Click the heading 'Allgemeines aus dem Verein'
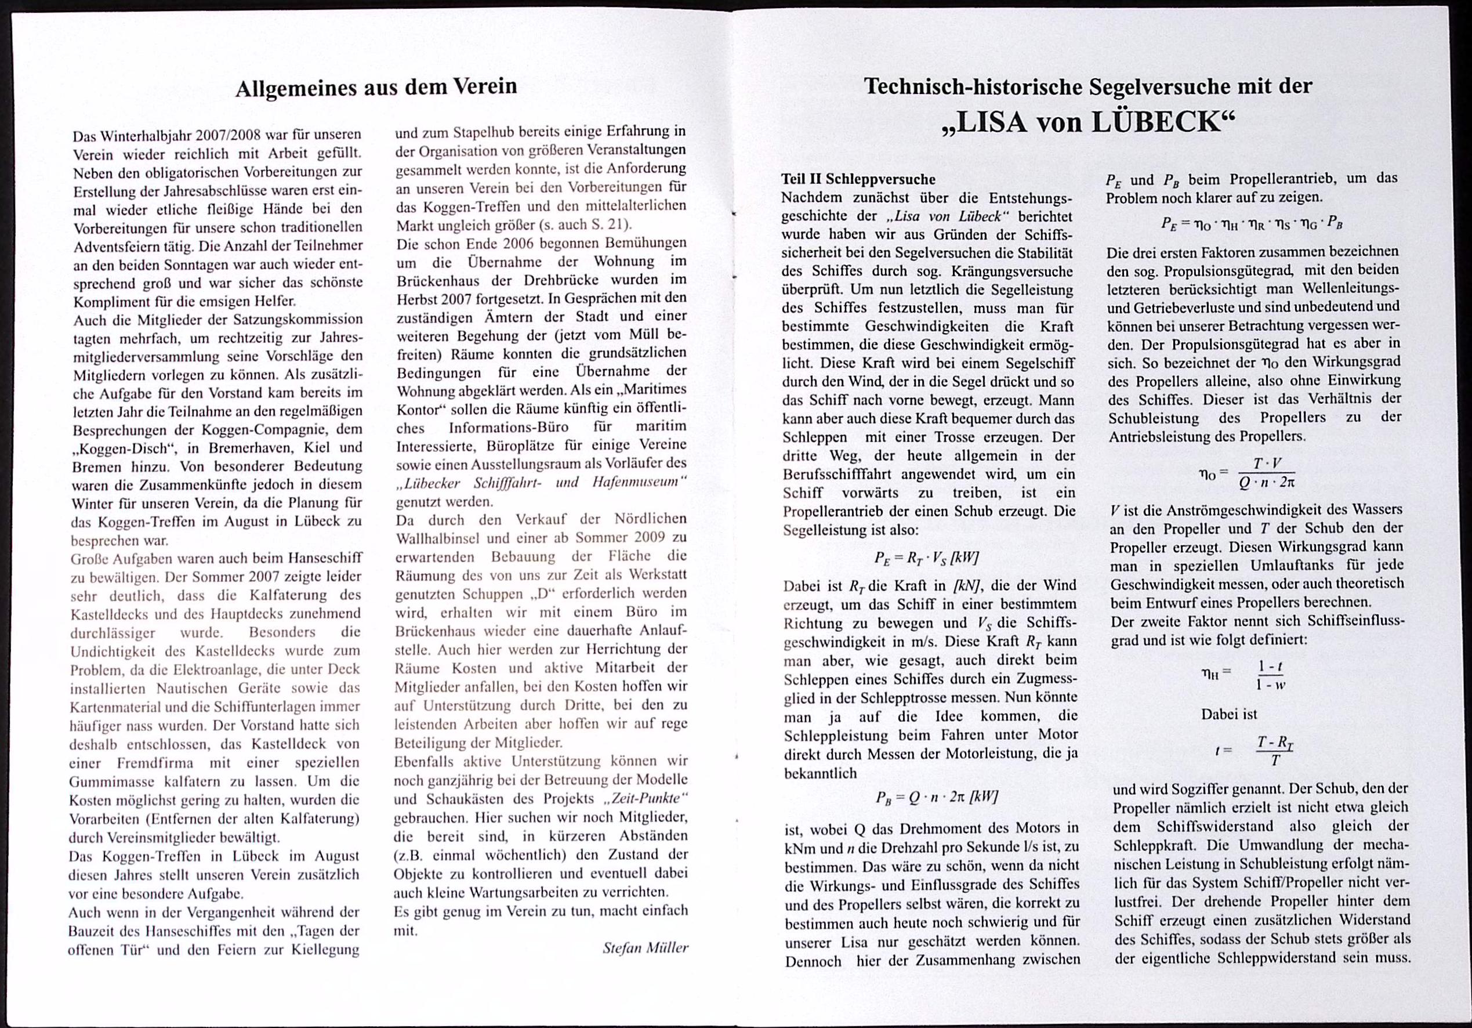[x=376, y=87]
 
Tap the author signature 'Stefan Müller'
[x=645, y=948]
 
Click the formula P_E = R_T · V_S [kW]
[x=926, y=558]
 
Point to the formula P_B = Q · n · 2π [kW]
[x=937, y=797]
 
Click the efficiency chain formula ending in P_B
[x=1252, y=224]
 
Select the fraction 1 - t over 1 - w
[x=1270, y=675]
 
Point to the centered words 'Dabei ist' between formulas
[x=1229, y=714]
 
